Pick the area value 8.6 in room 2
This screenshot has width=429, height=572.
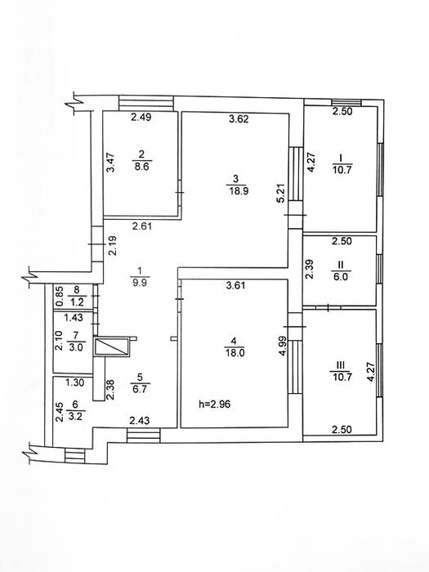[x=141, y=164]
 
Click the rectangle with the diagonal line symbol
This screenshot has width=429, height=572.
[x=112, y=347]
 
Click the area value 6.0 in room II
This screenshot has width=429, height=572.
[x=339, y=277]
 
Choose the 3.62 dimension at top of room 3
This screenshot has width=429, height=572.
[x=239, y=120]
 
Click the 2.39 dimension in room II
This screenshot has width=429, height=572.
[x=309, y=269]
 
